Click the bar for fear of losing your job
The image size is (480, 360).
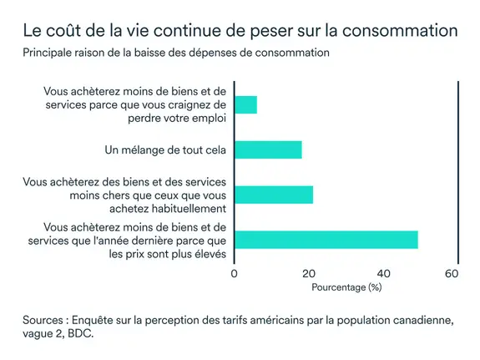click(245, 104)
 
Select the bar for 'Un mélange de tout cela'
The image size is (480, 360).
click(267, 150)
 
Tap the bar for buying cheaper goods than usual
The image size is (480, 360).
click(273, 195)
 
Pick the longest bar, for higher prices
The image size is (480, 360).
click(326, 240)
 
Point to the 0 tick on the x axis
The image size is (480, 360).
click(234, 273)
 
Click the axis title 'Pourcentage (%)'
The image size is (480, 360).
click(346, 287)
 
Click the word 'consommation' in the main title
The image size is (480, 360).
click(402, 32)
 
